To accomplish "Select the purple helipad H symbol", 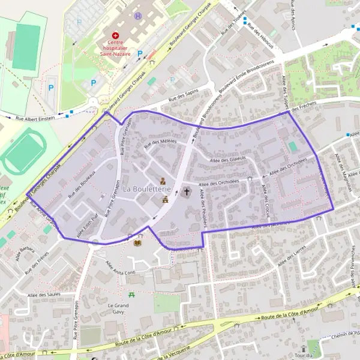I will tap(139, 16).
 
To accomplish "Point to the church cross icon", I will tap(186, 192).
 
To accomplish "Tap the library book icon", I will tap(139, 242).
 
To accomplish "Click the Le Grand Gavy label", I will tap(118, 308).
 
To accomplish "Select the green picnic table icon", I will tap(131, 295).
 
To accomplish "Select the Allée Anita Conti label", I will tap(116, 272).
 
